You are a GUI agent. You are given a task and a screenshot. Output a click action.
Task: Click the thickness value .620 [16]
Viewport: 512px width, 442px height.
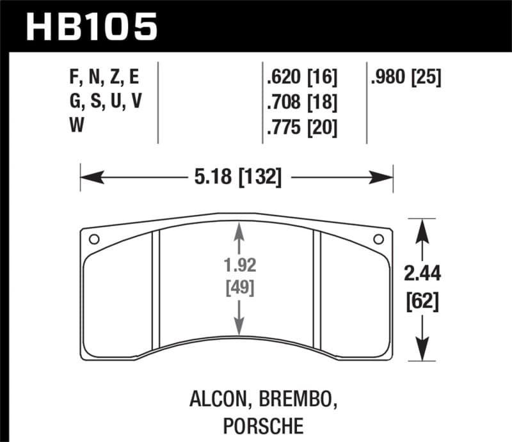pos(300,78)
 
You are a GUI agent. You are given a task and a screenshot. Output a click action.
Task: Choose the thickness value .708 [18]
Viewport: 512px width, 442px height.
pos(300,102)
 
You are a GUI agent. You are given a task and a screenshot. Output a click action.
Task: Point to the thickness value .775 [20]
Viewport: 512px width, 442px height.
pos(300,127)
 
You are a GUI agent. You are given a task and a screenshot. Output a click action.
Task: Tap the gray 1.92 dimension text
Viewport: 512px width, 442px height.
pos(239,264)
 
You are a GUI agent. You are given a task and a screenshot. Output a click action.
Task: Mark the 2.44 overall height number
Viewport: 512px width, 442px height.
pos(422,275)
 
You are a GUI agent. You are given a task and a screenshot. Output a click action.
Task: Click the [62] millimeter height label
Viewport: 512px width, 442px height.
pos(422,301)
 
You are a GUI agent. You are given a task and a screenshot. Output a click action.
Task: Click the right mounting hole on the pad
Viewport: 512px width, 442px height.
pos(378,239)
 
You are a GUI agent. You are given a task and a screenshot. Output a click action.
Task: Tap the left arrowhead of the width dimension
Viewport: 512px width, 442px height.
pos(86,175)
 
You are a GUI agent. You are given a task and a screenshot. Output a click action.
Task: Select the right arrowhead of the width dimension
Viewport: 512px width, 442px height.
pos(387,175)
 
